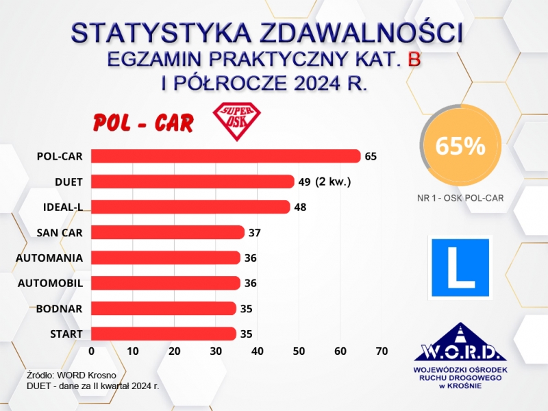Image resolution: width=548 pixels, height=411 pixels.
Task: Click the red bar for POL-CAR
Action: pos(226,156)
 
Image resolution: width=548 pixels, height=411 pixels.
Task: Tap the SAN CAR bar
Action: pos(168,232)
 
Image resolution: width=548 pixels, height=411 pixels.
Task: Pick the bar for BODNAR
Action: pos(164,308)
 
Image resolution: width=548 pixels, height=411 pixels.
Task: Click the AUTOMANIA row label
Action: pos(49,258)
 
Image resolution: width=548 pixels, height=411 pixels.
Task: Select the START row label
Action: pos(66,334)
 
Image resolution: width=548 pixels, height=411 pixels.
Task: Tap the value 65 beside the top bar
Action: pos(371,156)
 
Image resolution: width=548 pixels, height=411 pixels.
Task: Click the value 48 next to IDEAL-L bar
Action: pos(300,207)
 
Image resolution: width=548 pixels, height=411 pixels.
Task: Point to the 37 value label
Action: pos(255,232)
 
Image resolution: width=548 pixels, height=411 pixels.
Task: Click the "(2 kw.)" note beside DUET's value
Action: pos(334,182)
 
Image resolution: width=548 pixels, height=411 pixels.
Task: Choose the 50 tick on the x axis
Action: pos(299,351)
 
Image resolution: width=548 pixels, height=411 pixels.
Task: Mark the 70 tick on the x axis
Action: pos(382,351)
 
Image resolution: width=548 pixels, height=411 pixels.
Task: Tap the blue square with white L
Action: pos(460,266)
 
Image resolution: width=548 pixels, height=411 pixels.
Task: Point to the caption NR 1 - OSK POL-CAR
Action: pos(460,198)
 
